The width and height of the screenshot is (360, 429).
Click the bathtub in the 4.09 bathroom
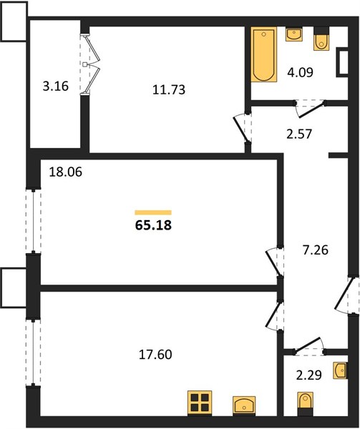tap(264, 54)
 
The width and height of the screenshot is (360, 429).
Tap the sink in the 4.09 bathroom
tap(293, 34)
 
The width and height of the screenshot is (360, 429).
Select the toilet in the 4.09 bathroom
tap(321, 39)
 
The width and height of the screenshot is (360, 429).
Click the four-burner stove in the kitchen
tap(200, 403)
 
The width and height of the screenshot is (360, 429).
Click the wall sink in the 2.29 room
tap(340, 370)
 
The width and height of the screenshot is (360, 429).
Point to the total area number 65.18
tap(153, 225)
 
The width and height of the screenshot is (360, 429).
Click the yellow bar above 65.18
tap(153, 212)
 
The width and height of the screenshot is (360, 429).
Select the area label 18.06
tap(65, 172)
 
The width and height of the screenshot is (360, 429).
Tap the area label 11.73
tap(169, 90)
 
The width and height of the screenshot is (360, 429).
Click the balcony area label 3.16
tap(56, 87)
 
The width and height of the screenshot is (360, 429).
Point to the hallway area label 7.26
tap(316, 250)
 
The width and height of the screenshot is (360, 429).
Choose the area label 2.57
tap(299, 134)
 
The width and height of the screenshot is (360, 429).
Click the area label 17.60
tap(155, 355)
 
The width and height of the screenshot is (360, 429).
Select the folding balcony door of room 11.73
tap(90, 64)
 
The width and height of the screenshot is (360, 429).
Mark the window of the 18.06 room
tap(34, 221)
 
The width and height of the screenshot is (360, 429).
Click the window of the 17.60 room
tap(33, 352)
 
